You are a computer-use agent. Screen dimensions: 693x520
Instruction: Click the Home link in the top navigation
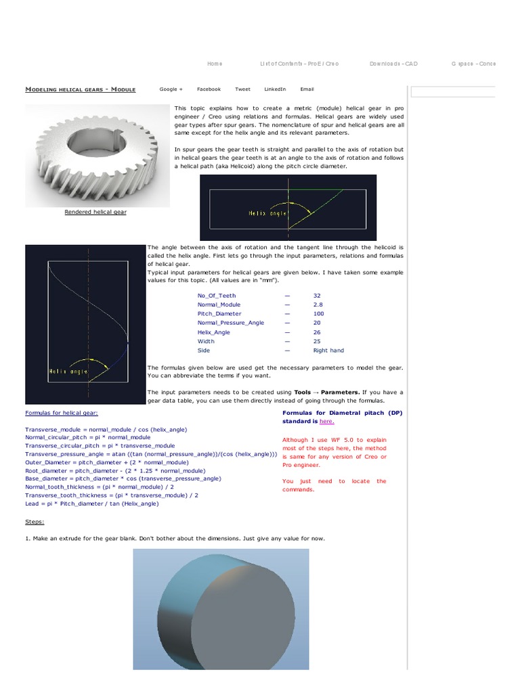(x=214, y=64)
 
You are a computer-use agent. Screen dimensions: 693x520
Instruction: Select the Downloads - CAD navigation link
(x=393, y=64)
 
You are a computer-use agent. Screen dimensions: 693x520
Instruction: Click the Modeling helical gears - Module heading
(x=80, y=89)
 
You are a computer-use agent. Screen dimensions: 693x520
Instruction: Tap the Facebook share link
(x=209, y=89)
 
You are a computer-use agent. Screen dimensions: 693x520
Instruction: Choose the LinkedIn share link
(x=275, y=89)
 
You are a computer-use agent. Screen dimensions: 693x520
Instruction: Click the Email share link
(x=307, y=89)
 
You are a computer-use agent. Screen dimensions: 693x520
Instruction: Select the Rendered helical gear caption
(x=95, y=212)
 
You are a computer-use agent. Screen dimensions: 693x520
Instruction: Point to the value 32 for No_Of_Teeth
(x=317, y=296)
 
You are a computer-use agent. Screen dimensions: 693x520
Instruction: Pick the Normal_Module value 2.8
(x=318, y=305)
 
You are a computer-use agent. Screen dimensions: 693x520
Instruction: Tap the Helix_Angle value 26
(x=317, y=332)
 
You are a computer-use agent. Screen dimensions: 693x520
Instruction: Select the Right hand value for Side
(x=328, y=351)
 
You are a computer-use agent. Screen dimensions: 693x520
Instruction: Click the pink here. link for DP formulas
(x=326, y=421)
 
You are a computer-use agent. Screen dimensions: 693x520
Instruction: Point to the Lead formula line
(x=92, y=504)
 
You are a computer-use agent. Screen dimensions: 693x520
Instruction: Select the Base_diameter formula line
(x=123, y=478)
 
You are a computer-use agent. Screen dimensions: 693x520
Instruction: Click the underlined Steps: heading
(x=35, y=522)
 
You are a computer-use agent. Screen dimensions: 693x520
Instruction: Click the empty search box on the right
(x=452, y=92)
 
